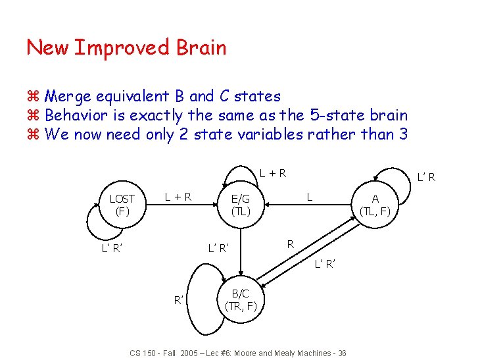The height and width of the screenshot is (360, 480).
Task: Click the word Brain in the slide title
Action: click(201, 48)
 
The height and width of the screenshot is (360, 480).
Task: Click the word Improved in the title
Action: click(123, 48)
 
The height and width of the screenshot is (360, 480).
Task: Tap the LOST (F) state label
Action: click(122, 205)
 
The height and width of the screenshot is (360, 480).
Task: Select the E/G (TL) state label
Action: click(240, 205)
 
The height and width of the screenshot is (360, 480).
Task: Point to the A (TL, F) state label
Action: click(375, 205)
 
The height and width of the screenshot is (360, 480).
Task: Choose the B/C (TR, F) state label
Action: click(240, 299)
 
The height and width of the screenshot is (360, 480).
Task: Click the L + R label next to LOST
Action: click(178, 195)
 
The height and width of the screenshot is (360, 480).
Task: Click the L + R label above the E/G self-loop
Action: click(272, 174)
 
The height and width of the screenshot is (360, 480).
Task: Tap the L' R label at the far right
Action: click(427, 176)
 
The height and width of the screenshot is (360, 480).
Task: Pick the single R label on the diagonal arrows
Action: click(290, 244)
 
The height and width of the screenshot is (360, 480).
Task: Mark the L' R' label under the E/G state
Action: click(219, 248)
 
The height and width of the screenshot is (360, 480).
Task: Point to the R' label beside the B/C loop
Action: click(178, 300)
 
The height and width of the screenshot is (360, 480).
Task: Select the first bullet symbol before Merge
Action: click(34, 97)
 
